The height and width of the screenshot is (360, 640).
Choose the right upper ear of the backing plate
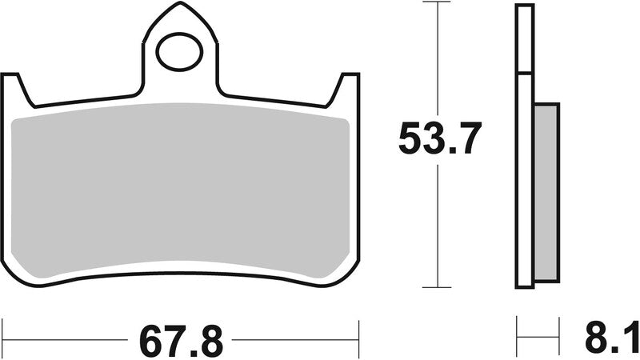pyautogui.click(x=347, y=88)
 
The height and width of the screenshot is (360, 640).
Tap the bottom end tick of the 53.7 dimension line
pyautogui.click(x=438, y=287)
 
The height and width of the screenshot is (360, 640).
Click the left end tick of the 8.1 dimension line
pyautogui.click(x=517, y=330)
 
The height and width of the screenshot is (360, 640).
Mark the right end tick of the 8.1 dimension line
pyautogui.click(x=558, y=330)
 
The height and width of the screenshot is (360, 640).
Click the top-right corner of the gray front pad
pyautogui.click(x=346, y=121)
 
